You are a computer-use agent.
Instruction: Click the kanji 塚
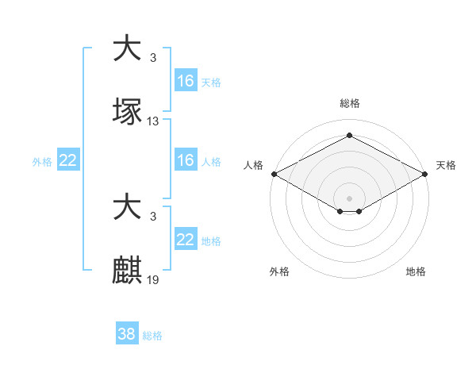[x=128, y=112]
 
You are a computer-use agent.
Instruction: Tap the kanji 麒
[x=128, y=270]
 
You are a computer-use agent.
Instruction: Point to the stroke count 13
[x=153, y=121]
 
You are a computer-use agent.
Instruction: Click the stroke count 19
[x=153, y=279]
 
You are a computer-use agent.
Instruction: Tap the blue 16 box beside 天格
[x=186, y=81]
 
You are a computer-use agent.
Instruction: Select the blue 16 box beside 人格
[x=186, y=160]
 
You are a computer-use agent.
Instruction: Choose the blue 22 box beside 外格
[x=68, y=160]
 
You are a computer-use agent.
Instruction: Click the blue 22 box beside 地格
[x=186, y=240]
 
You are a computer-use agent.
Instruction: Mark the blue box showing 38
[x=127, y=334]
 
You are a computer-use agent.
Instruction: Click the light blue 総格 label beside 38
[x=153, y=336]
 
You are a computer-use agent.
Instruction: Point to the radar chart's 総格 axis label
[x=349, y=103]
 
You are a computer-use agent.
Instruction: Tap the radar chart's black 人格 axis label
[x=253, y=165]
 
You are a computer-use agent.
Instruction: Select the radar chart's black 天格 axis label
[x=446, y=165]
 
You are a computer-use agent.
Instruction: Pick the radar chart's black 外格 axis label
[x=278, y=271]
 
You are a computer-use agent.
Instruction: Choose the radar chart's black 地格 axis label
[x=416, y=271]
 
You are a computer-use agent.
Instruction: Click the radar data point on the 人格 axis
[x=274, y=174]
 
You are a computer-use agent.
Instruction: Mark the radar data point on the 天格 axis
[x=425, y=174]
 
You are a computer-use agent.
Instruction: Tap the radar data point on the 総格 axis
[x=349, y=135]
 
